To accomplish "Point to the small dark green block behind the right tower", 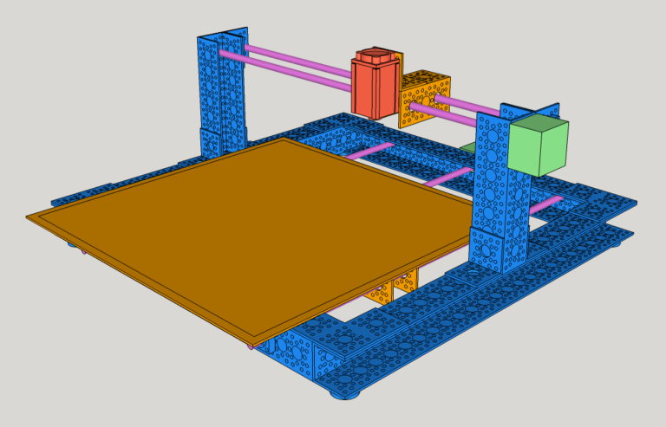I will click(x=468, y=148).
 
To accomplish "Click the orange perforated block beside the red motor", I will click(x=425, y=98).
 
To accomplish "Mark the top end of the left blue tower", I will click(x=222, y=36).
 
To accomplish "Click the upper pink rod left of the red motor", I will click(x=295, y=60).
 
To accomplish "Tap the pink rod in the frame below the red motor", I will click(x=373, y=150).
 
